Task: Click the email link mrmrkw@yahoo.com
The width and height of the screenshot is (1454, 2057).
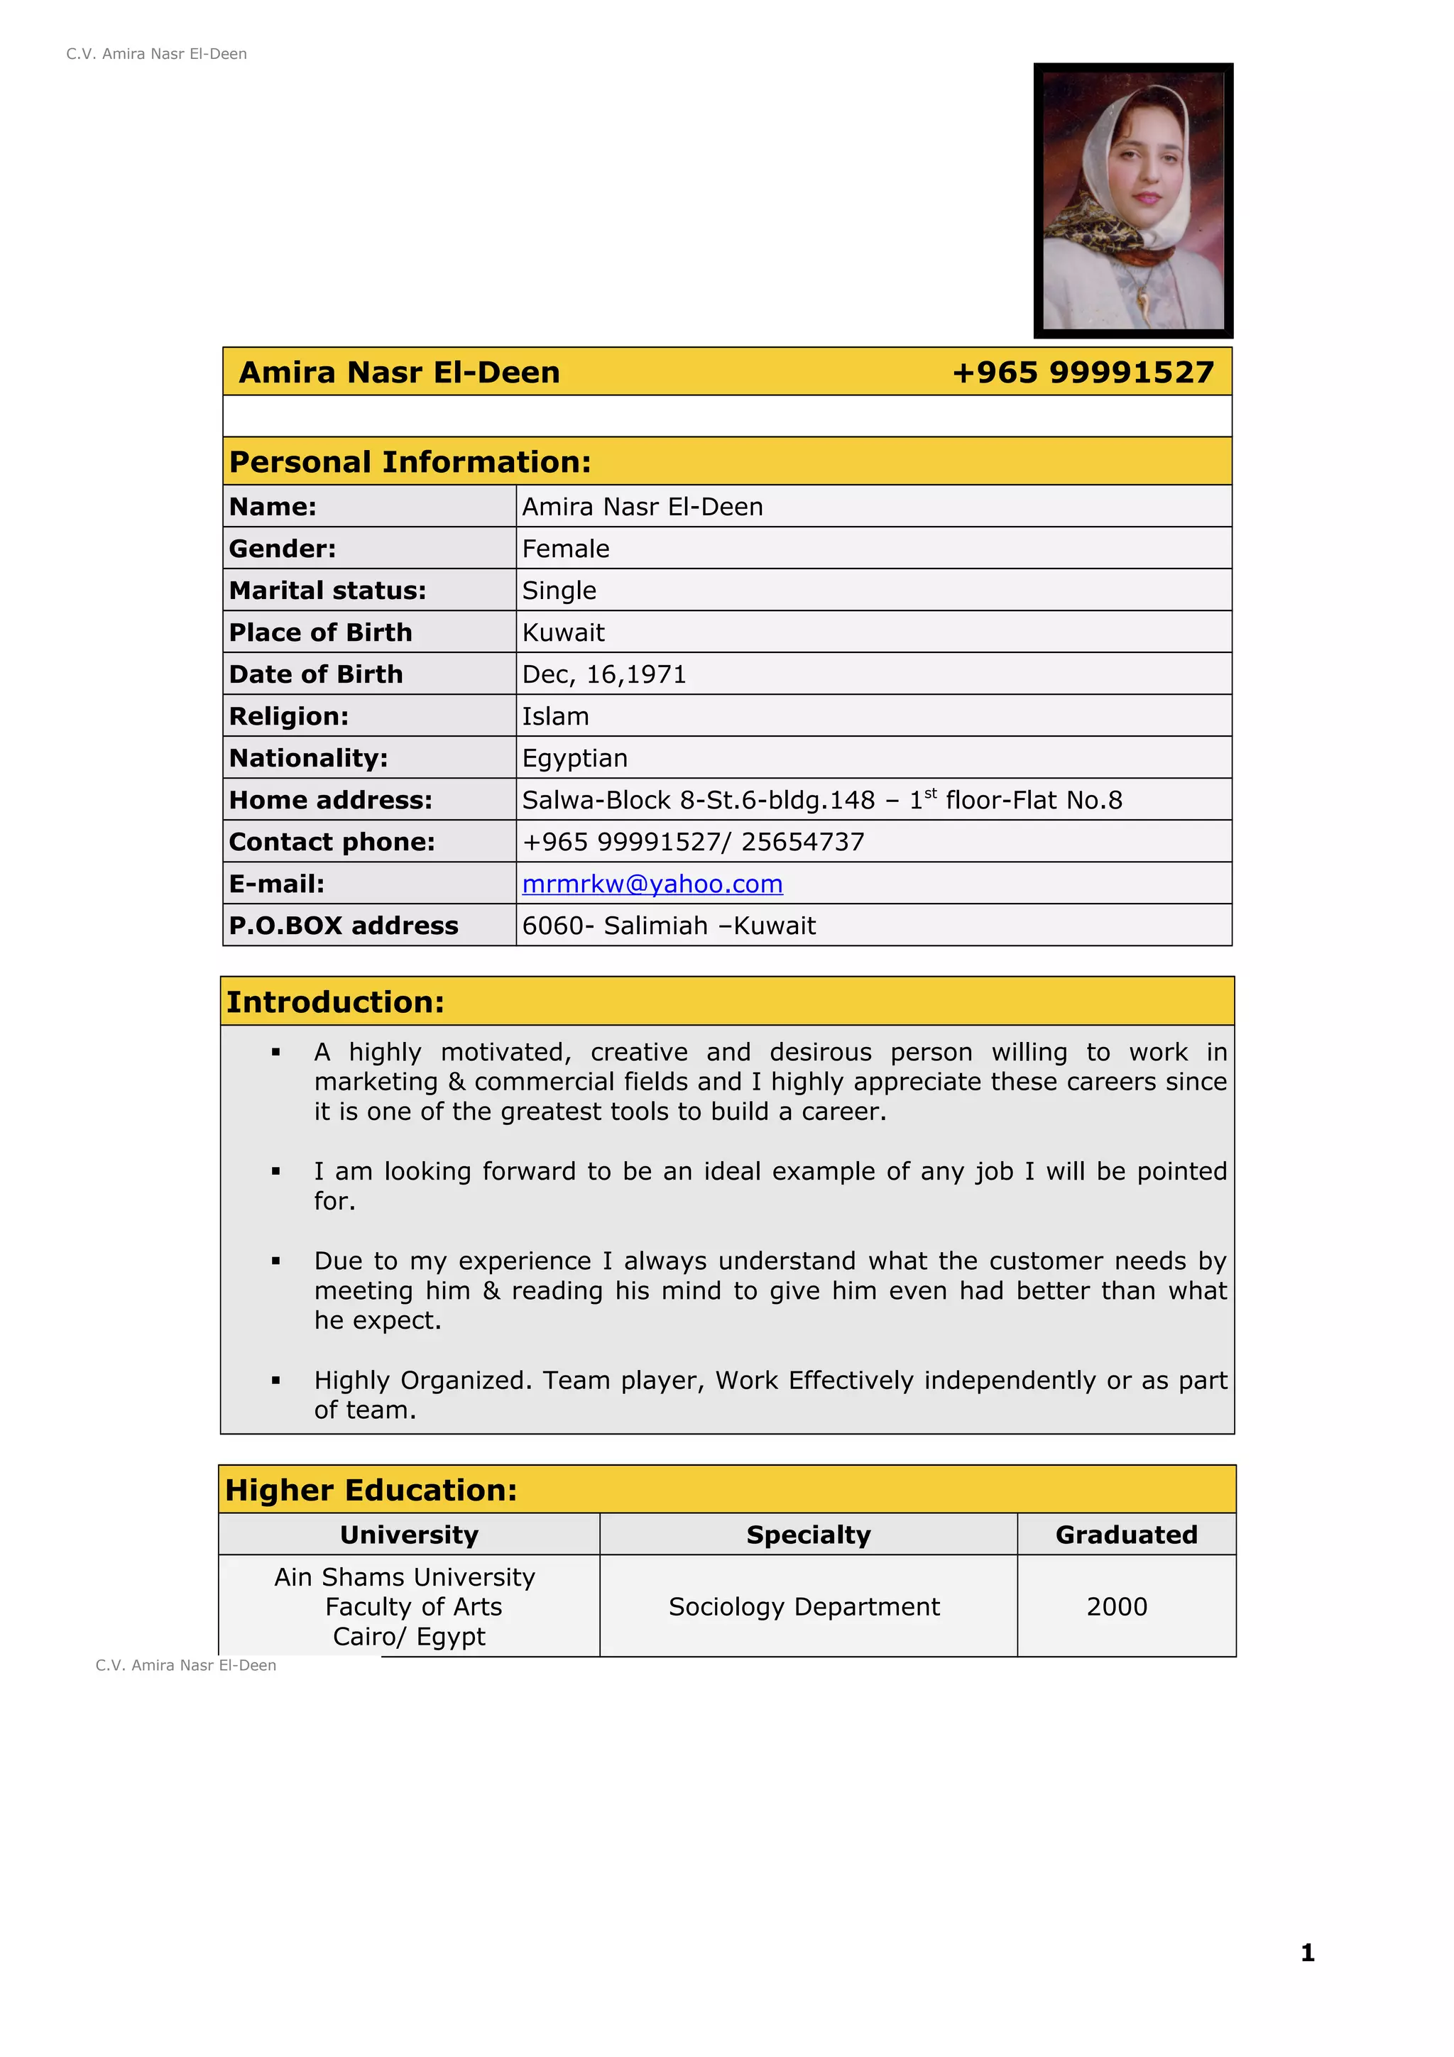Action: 652,884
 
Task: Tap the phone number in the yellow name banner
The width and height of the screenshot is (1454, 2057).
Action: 1082,372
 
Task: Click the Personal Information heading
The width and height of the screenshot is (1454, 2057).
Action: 410,462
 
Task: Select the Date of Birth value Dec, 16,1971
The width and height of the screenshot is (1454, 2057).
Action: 603,674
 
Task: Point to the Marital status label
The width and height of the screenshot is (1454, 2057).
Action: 327,591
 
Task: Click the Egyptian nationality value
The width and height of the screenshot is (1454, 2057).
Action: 574,759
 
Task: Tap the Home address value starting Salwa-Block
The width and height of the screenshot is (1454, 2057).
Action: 821,800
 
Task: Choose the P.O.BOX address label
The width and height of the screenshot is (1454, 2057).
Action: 343,926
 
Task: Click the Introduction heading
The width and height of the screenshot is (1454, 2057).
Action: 335,1002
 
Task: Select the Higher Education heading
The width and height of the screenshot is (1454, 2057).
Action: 371,1490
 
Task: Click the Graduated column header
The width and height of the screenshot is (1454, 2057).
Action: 1126,1535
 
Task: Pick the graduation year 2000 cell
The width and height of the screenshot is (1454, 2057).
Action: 1116,1606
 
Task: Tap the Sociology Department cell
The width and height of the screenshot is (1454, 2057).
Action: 804,1606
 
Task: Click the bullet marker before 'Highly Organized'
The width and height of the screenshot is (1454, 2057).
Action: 276,1381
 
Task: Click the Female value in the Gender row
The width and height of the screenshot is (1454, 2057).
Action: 565,549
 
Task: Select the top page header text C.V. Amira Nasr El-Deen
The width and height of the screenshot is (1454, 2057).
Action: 157,54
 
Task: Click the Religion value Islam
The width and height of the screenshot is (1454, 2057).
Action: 555,717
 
